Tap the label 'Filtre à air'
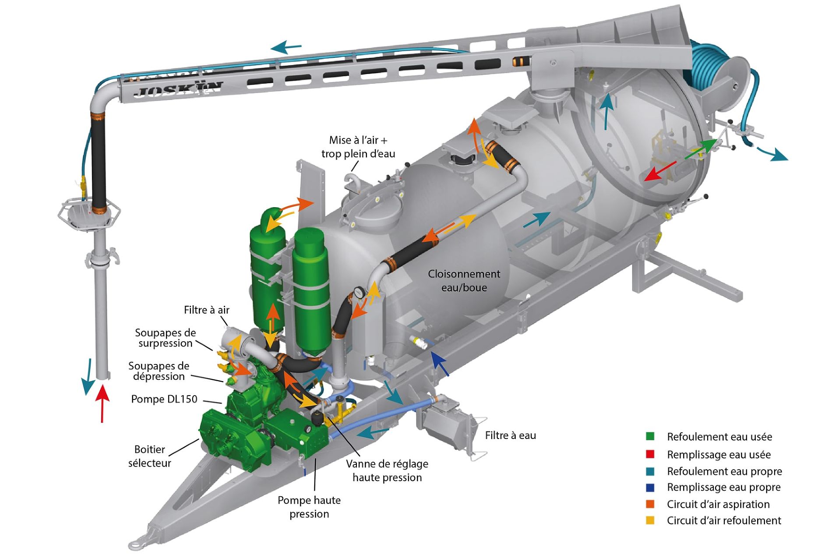[x=206, y=310]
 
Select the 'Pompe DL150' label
[x=164, y=399]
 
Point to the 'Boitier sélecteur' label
[x=149, y=456]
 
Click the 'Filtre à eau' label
[x=510, y=435]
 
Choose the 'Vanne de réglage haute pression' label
[x=387, y=470]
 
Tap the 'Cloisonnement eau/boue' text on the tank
[x=464, y=281]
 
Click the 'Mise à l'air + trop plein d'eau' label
[x=358, y=147]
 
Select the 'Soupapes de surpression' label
[x=165, y=338]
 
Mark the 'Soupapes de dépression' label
[x=159, y=371]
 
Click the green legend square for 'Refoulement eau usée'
[x=650, y=436]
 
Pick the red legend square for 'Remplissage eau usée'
[x=650, y=454]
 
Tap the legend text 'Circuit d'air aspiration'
[x=718, y=504]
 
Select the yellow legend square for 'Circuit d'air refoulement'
[x=650, y=520]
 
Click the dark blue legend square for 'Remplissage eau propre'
[x=650, y=487]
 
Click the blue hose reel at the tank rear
[x=714, y=66]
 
